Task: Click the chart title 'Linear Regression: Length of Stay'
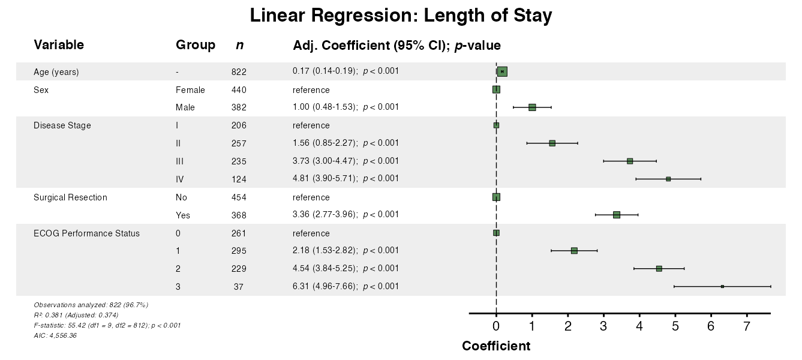pos(401,16)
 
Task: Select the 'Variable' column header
pos(59,45)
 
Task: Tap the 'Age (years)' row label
pos(56,72)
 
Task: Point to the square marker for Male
pos(532,107)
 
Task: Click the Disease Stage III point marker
pos(630,161)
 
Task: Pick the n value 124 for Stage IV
pos(239,179)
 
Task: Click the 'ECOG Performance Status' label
pos(86,233)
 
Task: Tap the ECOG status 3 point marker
pos(722,286)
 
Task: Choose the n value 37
pos(239,287)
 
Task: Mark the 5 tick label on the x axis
pos(675,326)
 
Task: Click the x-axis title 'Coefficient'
pos(496,346)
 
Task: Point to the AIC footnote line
pos(55,335)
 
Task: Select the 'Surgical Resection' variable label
pos(70,197)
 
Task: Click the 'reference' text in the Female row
pos(311,90)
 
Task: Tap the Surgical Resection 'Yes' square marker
pos(617,214)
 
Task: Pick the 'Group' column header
pos(196,45)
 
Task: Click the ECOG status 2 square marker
pos(659,268)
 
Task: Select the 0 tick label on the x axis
pos(496,326)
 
